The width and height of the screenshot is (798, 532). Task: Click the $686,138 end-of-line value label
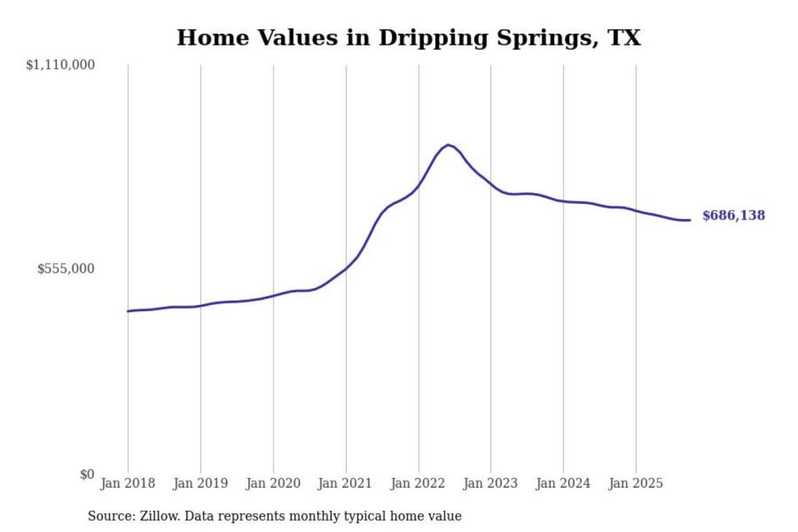coord(733,216)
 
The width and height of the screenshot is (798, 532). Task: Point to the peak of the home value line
coord(448,145)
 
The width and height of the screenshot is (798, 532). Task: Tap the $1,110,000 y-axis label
coord(60,65)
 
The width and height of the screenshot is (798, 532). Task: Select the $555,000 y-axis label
coord(66,269)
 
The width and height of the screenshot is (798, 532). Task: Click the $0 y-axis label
coord(87,474)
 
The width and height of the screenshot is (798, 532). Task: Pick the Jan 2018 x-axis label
coord(127,483)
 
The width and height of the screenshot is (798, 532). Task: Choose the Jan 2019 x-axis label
coord(200,483)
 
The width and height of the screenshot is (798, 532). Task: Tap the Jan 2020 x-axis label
coord(273,483)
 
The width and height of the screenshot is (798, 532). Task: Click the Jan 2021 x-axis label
coord(345,483)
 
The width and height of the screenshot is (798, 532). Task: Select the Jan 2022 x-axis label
coord(417,483)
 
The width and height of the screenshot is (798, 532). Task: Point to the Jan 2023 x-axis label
coord(490,483)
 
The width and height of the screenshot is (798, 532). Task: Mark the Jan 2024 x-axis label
coord(562,483)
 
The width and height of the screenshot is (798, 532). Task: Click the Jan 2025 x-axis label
coord(635,483)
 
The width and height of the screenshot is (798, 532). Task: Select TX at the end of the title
coord(625,38)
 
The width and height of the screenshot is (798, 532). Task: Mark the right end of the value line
coord(690,220)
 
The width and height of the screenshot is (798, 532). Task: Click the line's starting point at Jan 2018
coord(128,311)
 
